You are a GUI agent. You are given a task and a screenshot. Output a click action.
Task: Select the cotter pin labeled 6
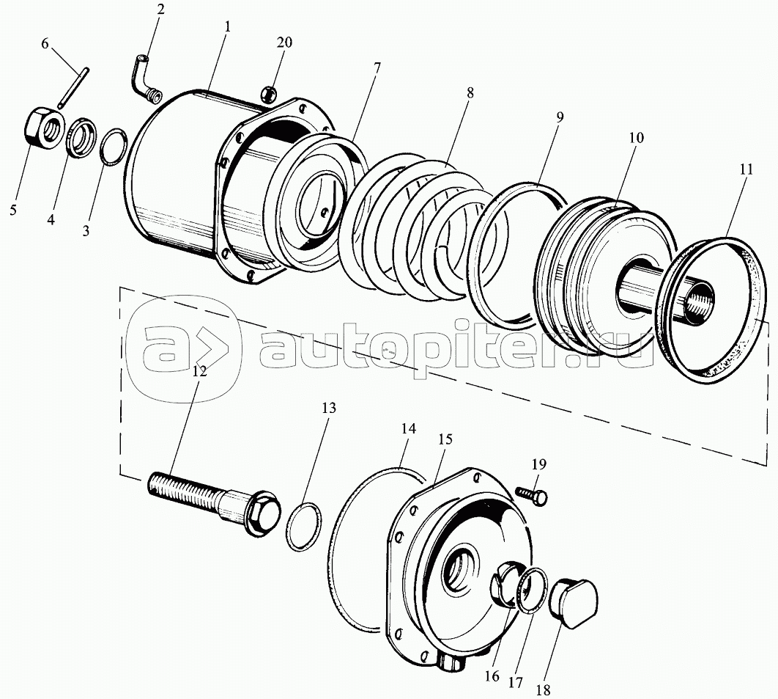[x=73, y=87]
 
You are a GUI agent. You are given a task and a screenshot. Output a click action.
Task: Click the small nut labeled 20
[x=268, y=93]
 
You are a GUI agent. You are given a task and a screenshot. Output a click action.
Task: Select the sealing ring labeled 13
[x=304, y=527]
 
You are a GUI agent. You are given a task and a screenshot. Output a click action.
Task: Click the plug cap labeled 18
[x=574, y=602]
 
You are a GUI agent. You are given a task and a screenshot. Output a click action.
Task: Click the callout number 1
[x=227, y=27]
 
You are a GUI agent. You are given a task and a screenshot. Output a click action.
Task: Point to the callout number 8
[x=470, y=92]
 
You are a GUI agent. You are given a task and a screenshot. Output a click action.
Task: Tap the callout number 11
[x=746, y=169]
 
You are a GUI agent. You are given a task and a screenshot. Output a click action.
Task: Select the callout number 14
[x=408, y=429]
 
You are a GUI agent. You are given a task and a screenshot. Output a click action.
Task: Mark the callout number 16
[x=492, y=677]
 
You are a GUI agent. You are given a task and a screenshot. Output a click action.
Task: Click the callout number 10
[x=636, y=138]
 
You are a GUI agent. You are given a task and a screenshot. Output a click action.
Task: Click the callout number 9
[x=560, y=117]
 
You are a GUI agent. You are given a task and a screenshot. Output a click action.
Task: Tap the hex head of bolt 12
[x=261, y=514]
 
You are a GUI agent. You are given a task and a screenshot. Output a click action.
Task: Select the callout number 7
[x=377, y=67]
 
